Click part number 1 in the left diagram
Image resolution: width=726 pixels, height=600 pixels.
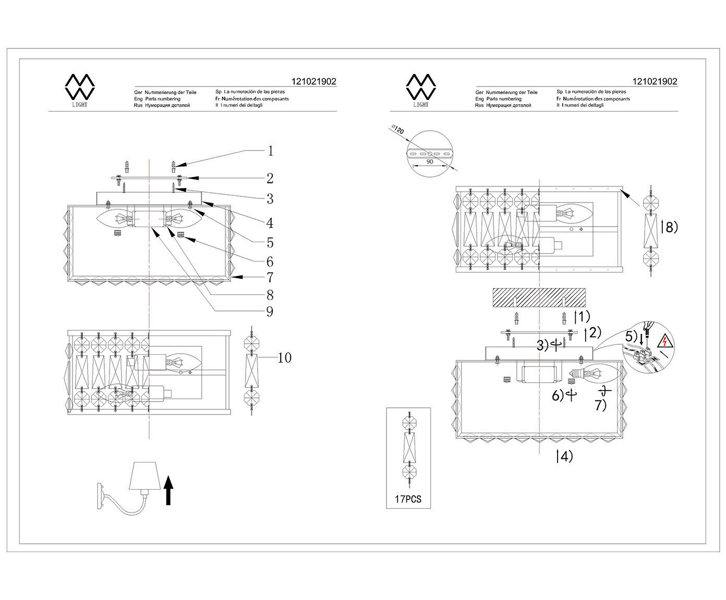pos(270,151)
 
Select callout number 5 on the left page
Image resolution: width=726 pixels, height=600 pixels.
pos(270,242)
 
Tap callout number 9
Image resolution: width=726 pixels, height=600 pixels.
pos(270,311)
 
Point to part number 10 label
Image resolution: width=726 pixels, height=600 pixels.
pos(284,358)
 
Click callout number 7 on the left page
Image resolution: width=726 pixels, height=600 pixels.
pos(270,277)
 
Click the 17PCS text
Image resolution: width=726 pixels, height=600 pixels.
pos(408,499)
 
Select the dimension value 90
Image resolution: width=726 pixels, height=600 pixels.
pos(430,161)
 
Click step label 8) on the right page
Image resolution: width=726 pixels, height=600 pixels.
pos(669,227)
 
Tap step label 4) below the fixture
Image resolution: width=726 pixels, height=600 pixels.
pos(564,456)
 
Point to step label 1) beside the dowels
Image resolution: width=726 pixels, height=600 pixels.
pos(582,316)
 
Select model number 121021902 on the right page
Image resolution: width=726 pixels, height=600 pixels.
pos(655,81)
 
